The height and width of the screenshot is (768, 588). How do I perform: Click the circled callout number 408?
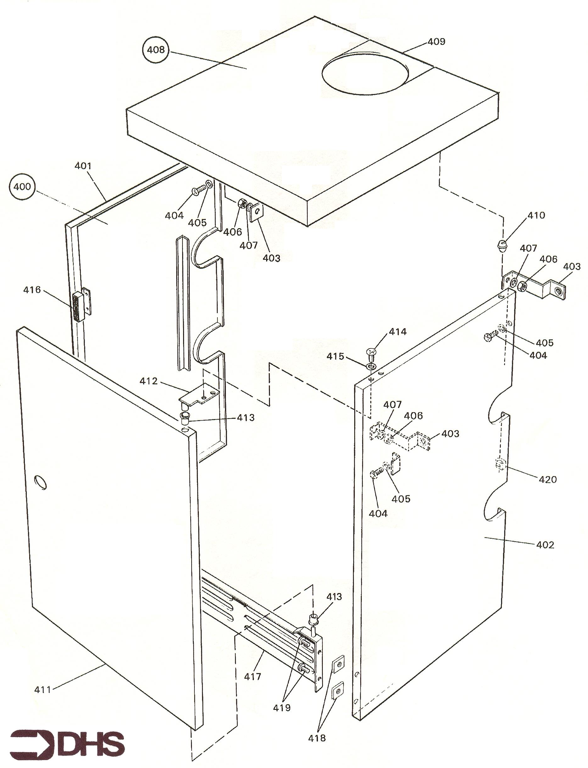156,49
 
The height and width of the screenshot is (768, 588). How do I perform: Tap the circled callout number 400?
22,186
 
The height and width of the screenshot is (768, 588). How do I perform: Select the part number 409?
436,42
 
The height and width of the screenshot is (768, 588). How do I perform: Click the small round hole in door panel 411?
41,483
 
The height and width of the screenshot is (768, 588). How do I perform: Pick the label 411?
43,690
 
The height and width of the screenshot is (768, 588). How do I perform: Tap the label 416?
32,290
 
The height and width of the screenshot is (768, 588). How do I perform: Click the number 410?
536,215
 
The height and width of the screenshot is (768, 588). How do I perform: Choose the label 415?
335,356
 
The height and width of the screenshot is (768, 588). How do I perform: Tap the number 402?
545,545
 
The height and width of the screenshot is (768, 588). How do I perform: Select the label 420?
547,479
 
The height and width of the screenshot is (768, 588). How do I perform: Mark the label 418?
317,738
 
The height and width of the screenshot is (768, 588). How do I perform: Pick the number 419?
282,708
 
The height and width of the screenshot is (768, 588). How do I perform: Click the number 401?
83,166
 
